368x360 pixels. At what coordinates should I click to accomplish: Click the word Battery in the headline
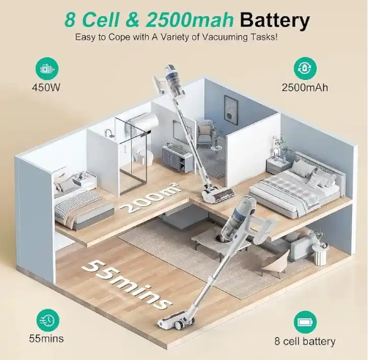pos(275,20)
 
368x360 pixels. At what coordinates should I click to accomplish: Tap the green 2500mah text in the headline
pos(189,20)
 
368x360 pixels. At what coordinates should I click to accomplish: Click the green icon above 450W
pos(47,69)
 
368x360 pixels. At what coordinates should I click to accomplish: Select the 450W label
pos(46,87)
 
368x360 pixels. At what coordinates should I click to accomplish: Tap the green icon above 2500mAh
pos(305,68)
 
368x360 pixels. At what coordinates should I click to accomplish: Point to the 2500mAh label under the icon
pos(305,87)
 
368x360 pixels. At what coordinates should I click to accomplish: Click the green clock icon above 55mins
pos(48,320)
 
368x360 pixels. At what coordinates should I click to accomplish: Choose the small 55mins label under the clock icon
pos(46,339)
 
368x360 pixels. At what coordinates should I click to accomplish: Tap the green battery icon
pos(305,322)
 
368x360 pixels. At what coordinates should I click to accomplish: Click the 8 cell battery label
pos(305,341)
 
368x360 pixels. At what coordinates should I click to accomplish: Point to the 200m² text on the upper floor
pos(151,197)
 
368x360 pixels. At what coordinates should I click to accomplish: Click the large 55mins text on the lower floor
pos(127,284)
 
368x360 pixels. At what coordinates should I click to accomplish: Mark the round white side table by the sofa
pos(320,254)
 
